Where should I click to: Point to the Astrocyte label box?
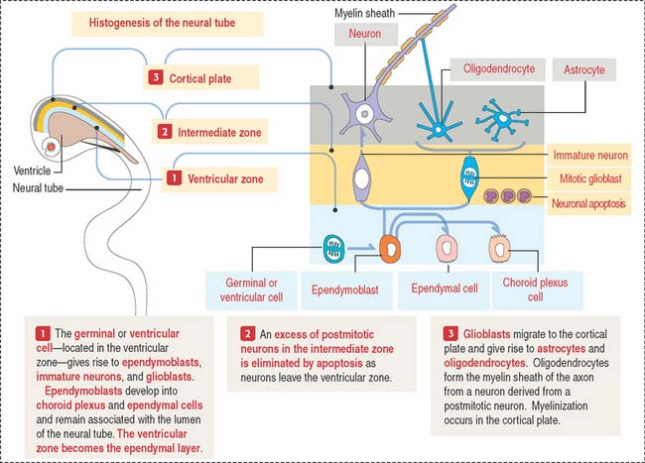point(584,70)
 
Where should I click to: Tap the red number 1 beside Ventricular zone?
point(173,179)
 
